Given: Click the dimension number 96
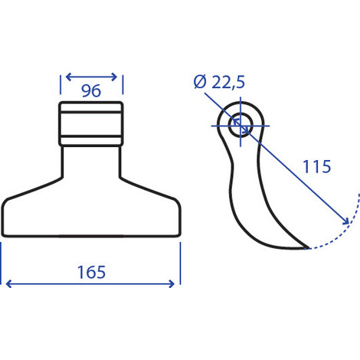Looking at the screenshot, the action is click(x=91, y=90).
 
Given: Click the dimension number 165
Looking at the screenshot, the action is click(x=91, y=272).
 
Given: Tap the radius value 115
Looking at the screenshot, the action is click(x=316, y=166).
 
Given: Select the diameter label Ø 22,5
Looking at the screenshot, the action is click(x=219, y=82).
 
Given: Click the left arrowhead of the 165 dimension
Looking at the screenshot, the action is click(x=8, y=283).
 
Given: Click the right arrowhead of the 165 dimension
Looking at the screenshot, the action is click(x=172, y=283).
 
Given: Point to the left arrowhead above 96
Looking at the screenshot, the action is click(x=68, y=77).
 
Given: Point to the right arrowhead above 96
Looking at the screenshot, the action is click(x=114, y=77).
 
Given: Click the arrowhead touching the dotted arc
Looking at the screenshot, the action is click(x=346, y=221).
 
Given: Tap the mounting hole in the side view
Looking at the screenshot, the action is click(x=241, y=126).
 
